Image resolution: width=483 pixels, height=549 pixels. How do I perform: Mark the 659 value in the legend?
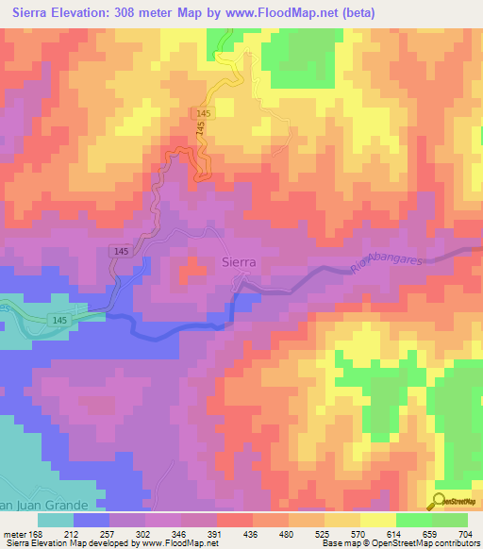[424, 534]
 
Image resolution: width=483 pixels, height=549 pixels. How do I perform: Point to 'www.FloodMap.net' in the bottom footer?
[178, 543]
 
